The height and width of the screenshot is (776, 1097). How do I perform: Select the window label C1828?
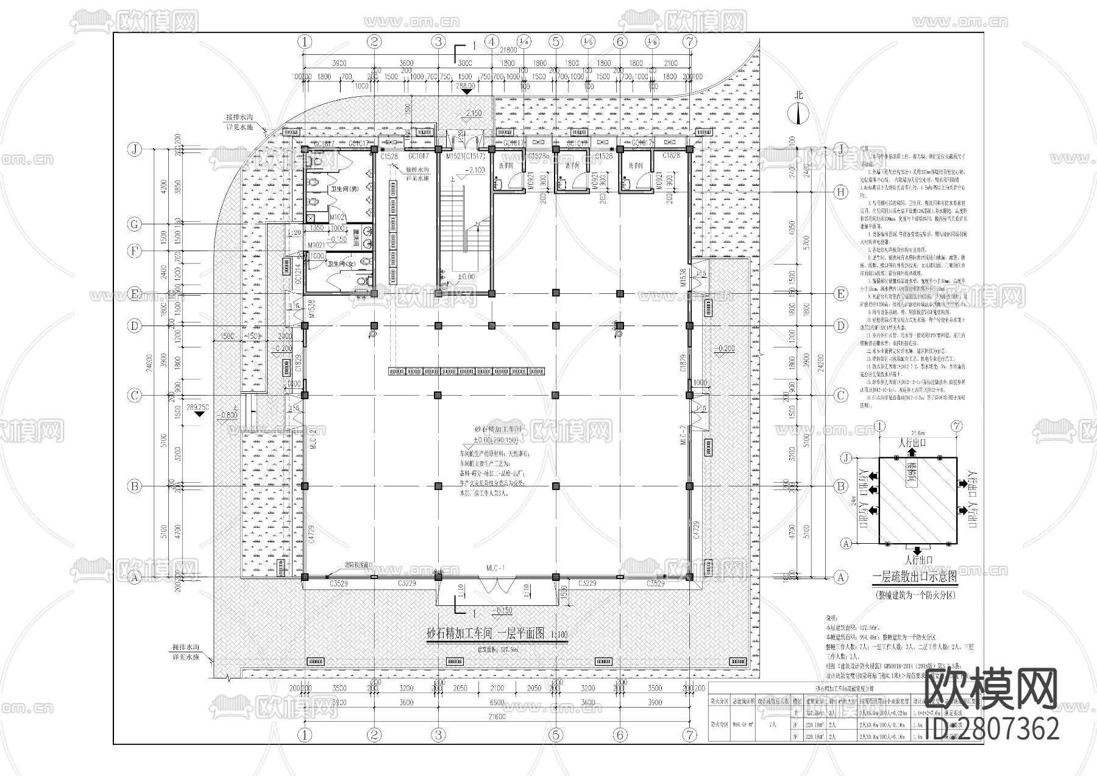tap(672, 156)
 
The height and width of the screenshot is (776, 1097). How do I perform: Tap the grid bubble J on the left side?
tap(135, 149)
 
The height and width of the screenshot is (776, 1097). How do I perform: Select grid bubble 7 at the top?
tap(689, 41)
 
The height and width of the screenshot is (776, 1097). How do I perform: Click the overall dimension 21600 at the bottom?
tap(497, 717)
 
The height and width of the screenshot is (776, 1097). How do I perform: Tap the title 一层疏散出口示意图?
tap(915, 576)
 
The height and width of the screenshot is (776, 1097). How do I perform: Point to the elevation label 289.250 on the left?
tap(198, 407)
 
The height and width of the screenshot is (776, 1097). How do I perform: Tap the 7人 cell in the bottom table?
tap(773, 725)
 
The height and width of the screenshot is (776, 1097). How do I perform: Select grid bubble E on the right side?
tap(840, 294)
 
